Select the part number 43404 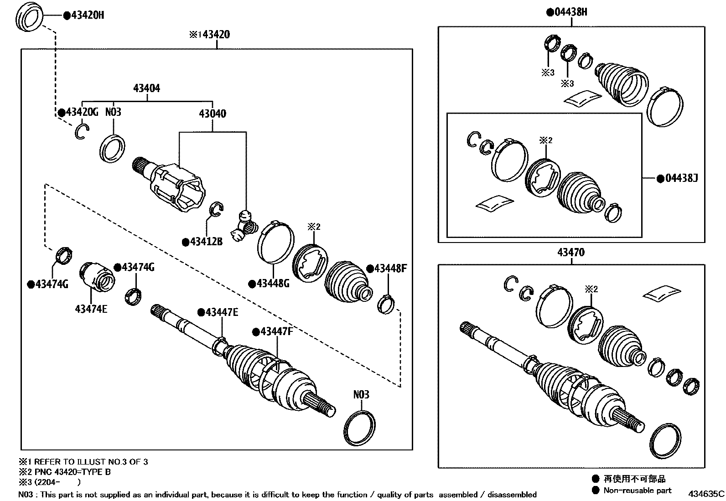click(146, 88)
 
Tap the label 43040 click(212, 114)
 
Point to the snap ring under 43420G click(81, 132)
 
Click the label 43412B click(206, 242)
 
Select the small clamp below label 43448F click(387, 304)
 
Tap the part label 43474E click(91, 309)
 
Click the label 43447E click(221, 312)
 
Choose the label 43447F click(276, 331)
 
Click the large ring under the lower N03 click(359, 428)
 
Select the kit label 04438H click(570, 12)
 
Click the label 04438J click(681, 178)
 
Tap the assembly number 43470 click(570, 253)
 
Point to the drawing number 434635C click(706, 494)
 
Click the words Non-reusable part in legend click(637, 491)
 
